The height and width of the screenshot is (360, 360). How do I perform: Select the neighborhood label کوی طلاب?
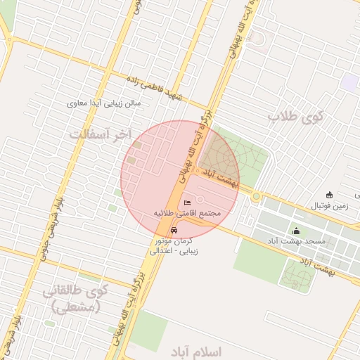(295, 118)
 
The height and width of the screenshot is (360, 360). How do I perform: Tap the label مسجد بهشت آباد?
(297, 241)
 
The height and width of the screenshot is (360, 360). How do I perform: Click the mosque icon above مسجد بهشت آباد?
(296, 231)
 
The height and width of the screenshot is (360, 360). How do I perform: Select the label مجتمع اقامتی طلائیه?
(186, 212)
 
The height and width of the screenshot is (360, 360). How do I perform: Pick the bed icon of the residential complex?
(186, 202)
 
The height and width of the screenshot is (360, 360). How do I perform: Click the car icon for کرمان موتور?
(174, 230)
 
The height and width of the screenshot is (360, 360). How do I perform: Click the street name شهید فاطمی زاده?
(155, 88)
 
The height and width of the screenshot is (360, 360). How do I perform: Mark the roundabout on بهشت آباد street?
(257, 197)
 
